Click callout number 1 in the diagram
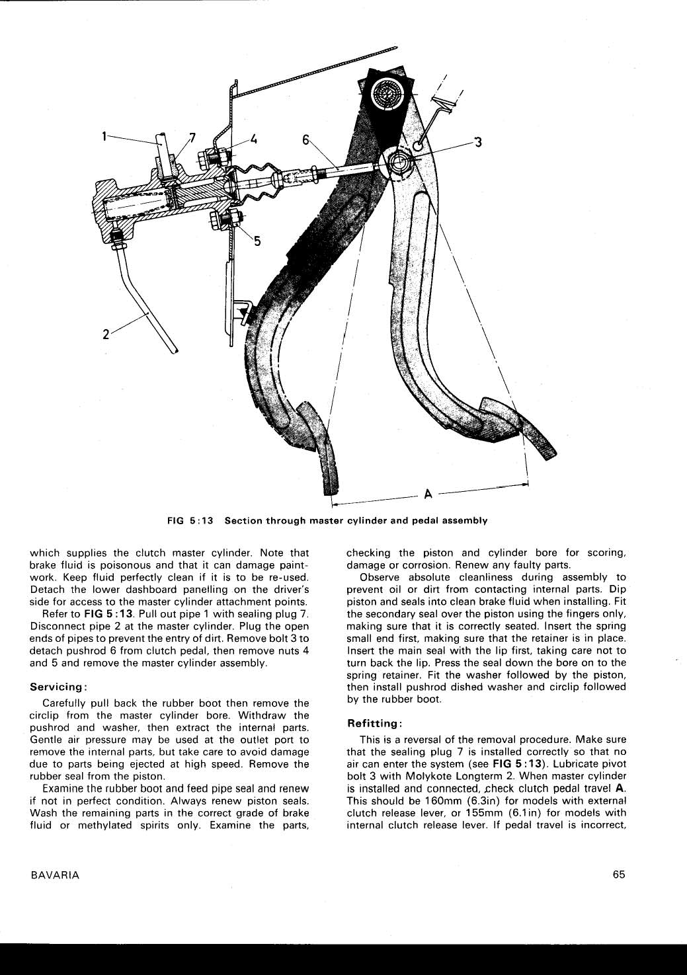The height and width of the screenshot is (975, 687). [x=104, y=137]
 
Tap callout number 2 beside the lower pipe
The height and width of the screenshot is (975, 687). [x=106, y=334]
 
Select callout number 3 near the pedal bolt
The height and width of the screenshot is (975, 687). [x=478, y=142]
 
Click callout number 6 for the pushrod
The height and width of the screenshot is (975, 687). [x=305, y=139]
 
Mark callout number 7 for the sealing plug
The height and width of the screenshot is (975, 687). [x=192, y=137]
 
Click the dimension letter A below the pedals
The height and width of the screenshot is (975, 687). [x=428, y=494]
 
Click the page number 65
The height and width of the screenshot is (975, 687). [x=619, y=875]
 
